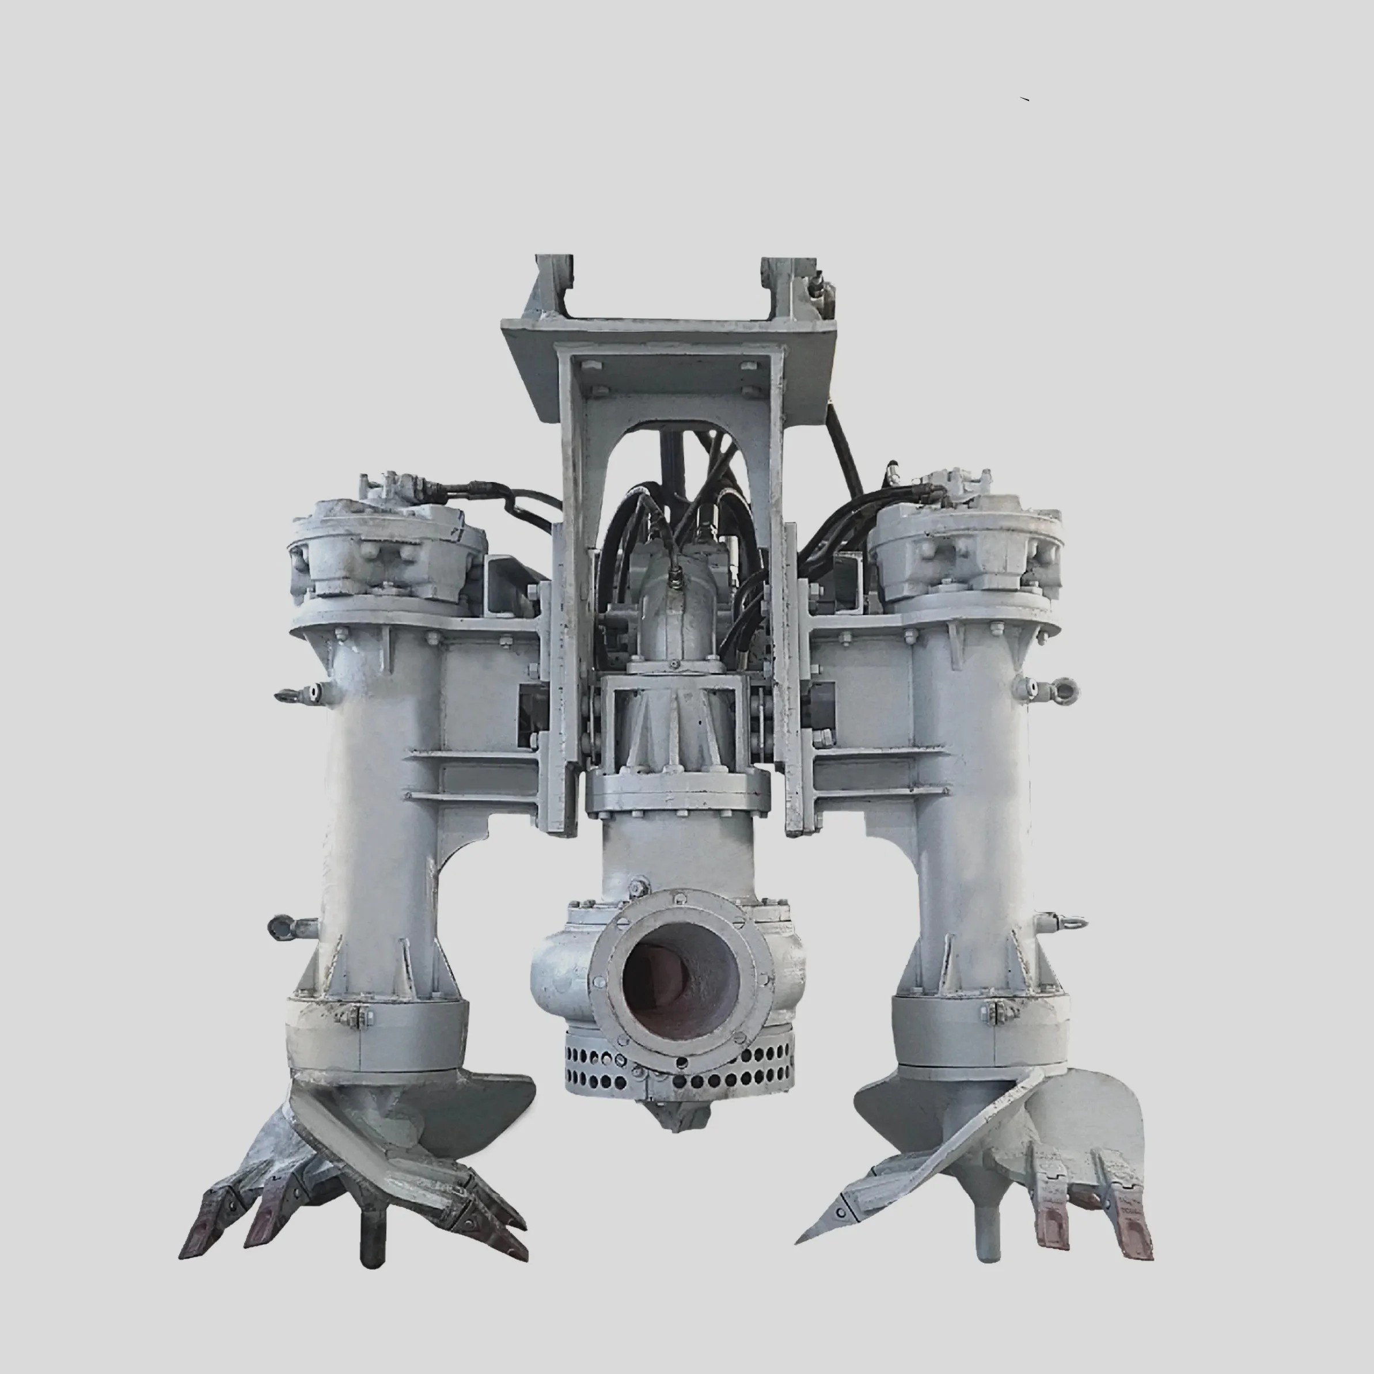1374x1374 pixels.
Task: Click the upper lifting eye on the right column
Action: pos(1065,690)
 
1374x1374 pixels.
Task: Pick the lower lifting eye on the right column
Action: pos(1072,923)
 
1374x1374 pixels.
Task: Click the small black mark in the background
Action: pos(1024,99)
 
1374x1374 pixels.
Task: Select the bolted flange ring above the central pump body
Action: pos(677,792)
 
